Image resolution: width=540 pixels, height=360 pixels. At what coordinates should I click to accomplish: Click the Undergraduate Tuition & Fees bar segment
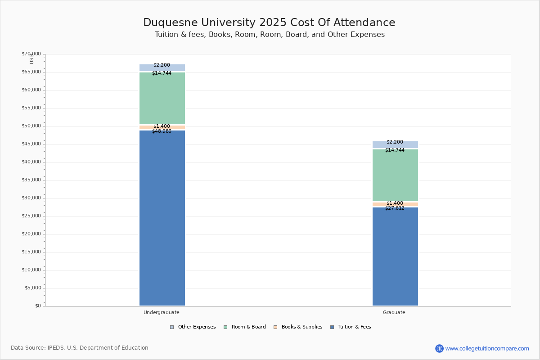click(162, 218)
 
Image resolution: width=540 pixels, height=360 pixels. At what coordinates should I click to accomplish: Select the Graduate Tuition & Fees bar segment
click(395, 256)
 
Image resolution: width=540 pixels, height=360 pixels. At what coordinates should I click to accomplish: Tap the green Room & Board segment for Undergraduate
click(162, 98)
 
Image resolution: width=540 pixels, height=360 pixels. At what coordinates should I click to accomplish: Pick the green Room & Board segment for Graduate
click(395, 175)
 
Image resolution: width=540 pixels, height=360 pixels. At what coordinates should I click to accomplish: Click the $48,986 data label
click(162, 131)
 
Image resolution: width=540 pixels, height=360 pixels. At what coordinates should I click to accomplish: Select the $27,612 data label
click(395, 208)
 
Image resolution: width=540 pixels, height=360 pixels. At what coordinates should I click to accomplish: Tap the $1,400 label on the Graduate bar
click(395, 203)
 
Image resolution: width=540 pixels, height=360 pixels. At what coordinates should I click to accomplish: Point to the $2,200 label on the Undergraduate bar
click(162, 65)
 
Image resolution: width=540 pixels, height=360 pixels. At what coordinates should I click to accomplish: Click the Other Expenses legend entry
click(193, 327)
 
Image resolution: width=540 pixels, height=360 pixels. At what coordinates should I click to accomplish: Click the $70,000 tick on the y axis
click(31, 54)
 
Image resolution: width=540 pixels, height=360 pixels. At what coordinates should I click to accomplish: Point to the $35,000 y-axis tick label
click(31, 180)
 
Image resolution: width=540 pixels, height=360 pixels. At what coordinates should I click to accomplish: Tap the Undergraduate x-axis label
click(162, 312)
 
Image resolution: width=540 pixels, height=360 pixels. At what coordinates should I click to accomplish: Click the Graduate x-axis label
click(394, 312)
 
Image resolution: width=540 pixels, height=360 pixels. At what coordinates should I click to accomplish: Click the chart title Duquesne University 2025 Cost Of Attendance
click(269, 23)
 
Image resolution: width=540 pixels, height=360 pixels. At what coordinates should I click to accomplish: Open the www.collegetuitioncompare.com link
click(487, 348)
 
